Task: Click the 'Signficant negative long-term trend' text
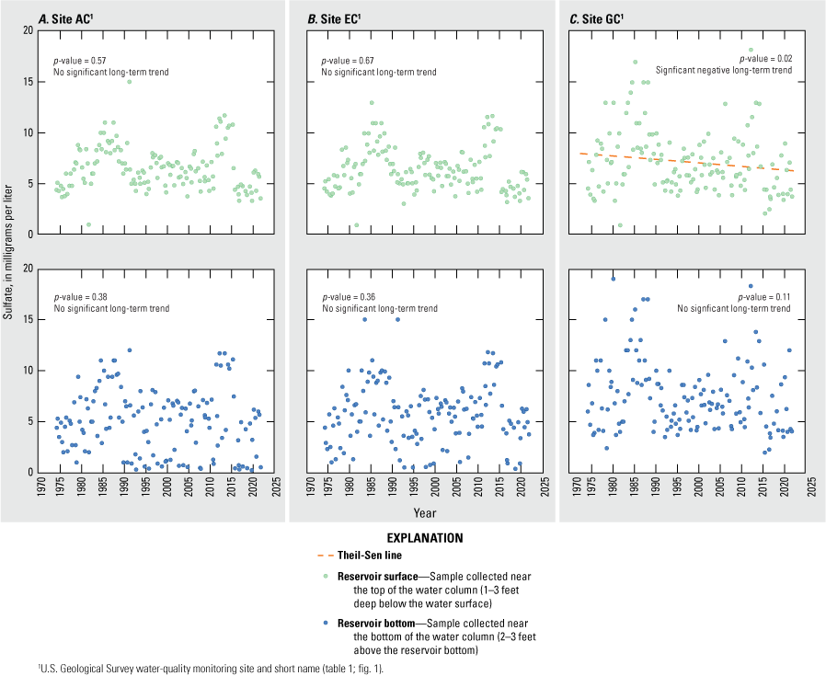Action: point(723,70)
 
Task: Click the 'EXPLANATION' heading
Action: point(412,537)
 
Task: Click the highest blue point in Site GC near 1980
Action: point(614,279)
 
